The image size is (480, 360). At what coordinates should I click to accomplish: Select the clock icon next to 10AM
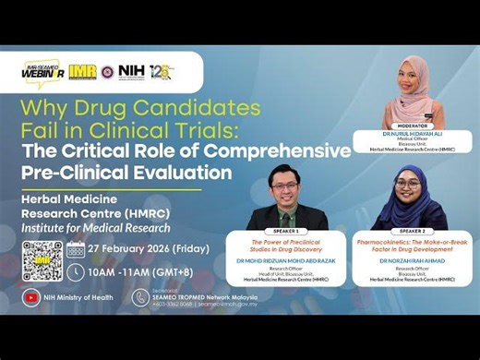point(77,273)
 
